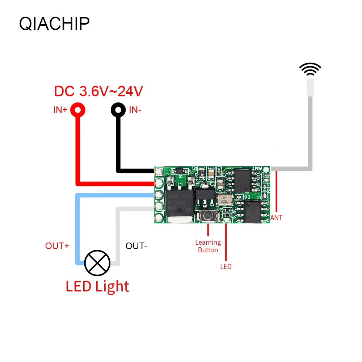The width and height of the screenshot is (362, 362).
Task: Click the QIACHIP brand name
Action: pos(54,24)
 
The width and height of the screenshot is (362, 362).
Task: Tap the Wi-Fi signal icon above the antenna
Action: pos(310,70)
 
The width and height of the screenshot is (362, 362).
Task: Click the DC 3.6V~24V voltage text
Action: pos(98,91)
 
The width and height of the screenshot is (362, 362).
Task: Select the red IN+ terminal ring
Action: pos(78,109)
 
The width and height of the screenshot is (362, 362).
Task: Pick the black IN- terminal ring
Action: pos(118,109)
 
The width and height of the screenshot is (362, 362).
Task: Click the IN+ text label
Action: pos(60,110)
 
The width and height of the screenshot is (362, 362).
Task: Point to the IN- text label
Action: pos(135,110)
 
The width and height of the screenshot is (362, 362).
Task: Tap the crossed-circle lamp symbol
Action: pos(97,263)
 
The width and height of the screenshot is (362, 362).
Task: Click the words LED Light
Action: pos(97,286)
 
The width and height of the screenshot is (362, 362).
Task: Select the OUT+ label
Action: pos(57,246)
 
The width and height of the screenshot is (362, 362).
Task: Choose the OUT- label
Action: pos(136,246)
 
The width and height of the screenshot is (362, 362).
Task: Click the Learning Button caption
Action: pos(208,246)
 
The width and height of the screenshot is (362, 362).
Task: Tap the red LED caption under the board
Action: pos(226,267)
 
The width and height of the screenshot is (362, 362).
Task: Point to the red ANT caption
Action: pos(277,218)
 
